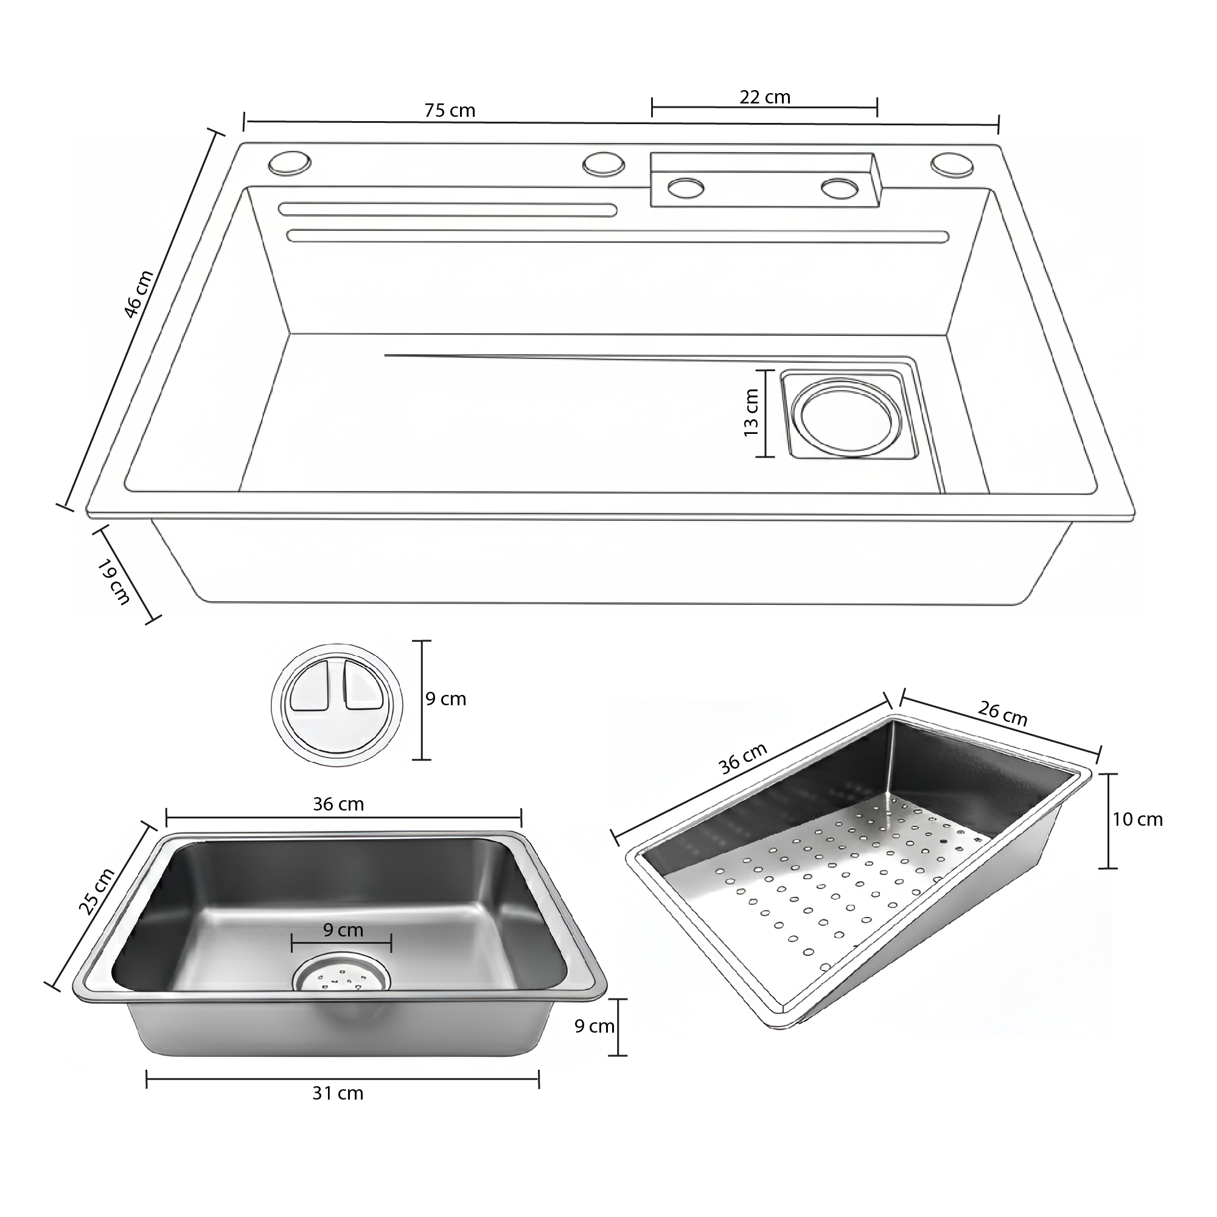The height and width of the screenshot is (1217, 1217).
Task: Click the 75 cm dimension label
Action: click(450, 110)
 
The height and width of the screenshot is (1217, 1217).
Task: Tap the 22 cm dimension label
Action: click(765, 97)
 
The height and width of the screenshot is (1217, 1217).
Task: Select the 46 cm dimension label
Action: click(138, 294)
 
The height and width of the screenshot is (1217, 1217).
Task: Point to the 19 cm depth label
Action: click(114, 582)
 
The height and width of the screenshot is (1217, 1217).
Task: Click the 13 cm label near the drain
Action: click(751, 413)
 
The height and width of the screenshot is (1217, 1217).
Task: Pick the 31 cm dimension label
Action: click(338, 1093)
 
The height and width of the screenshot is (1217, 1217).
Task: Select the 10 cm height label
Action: click(1137, 820)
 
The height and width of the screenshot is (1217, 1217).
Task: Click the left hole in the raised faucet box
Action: click(685, 187)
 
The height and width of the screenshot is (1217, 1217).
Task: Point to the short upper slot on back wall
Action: click(447, 210)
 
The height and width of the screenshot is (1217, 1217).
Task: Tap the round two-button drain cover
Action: click(337, 705)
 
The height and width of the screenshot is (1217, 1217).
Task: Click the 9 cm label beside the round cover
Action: click(445, 699)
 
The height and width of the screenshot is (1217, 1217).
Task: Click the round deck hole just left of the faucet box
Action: click(604, 163)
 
